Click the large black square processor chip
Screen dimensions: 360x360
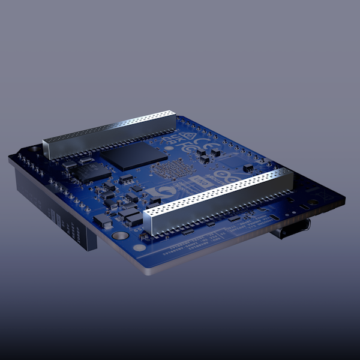tap(134, 155)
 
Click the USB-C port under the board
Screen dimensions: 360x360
tap(291, 229)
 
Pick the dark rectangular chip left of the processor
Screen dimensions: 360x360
tap(90, 172)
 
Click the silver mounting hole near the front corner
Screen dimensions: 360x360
tap(139, 247)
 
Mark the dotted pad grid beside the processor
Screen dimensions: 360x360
tap(171, 170)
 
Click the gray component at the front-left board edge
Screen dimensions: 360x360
tap(102, 221)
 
